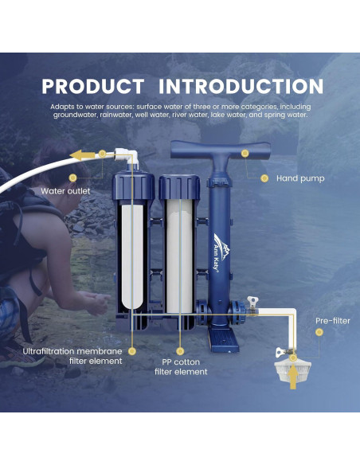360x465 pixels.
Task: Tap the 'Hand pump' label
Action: click(300, 179)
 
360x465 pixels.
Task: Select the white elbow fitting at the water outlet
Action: click(123, 156)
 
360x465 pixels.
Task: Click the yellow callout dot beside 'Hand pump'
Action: click(264, 178)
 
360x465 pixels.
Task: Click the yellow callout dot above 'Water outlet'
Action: click(73, 178)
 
